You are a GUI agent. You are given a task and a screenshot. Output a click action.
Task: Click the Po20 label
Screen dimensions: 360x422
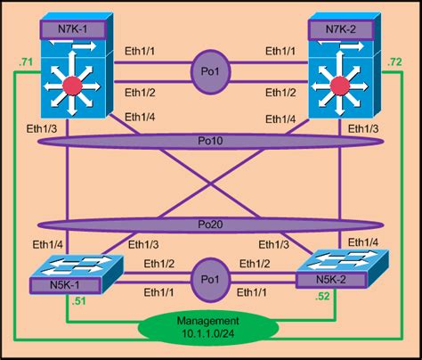[x=210, y=225]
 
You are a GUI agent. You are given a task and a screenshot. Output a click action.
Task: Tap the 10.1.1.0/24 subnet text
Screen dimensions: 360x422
[x=210, y=333]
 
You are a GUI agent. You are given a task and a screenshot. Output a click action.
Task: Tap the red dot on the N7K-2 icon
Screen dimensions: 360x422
[x=337, y=85]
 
